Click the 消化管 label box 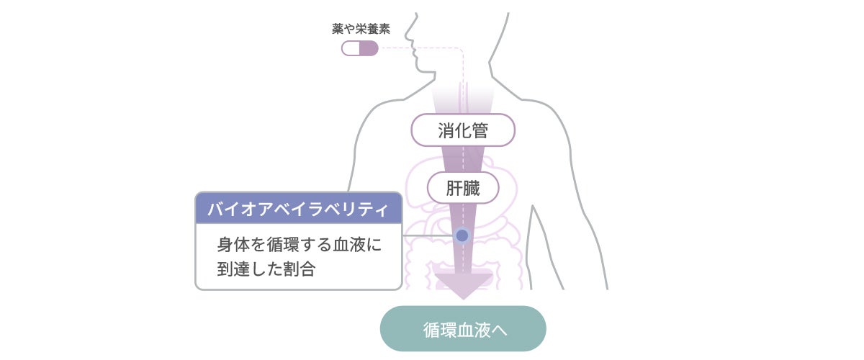coord(463,130)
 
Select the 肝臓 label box coord(463,189)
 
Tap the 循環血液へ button coord(463,329)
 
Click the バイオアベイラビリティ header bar coord(298,208)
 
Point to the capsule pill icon coord(359,48)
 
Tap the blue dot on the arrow coord(462,235)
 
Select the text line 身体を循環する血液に coord(298,245)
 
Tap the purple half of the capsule coord(369,48)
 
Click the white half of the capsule coord(351,48)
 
